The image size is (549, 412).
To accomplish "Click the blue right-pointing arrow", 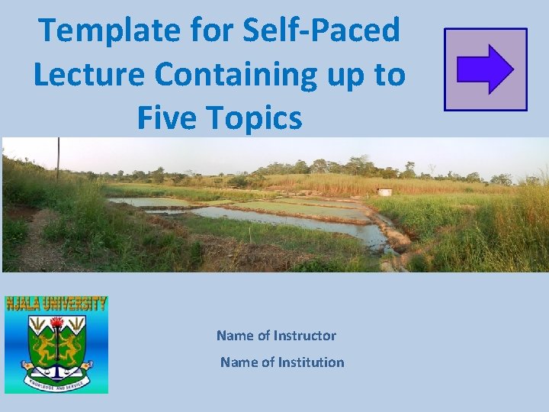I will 485,69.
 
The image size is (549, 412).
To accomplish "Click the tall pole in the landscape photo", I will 58,157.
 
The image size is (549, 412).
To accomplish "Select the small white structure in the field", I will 385,192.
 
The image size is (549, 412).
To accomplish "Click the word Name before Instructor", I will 234,336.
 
